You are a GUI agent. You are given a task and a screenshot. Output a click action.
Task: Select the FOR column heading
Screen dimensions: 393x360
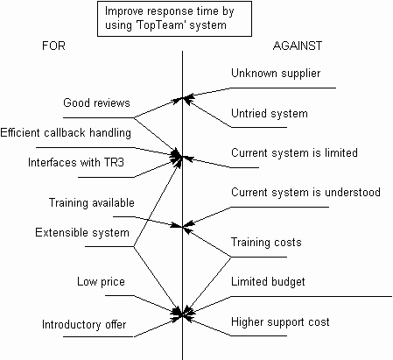[x=53, y=46]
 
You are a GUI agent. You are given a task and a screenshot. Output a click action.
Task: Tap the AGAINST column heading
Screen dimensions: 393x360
[x=298, y=46]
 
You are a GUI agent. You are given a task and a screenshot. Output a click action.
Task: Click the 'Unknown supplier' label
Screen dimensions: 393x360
[x=276, y=74]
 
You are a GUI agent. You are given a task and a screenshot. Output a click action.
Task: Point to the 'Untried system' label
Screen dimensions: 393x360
[x=270, y=113]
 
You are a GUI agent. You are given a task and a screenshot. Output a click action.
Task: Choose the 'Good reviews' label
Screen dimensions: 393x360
[x=96, y=102]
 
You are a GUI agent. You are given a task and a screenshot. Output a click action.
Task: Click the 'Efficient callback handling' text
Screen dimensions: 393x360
[x=66, y=133]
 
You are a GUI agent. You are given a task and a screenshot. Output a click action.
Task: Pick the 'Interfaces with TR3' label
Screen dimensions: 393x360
[x=76, y=162]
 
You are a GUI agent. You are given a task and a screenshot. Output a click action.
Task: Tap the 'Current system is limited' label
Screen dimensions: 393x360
[x=294, y=152]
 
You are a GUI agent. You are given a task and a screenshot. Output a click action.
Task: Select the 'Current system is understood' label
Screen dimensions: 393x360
[x=305, y=192]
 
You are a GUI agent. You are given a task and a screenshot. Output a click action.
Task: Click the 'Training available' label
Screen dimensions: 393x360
[x=92, y=202]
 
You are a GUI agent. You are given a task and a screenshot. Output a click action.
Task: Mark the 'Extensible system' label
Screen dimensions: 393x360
[x=82, y=232]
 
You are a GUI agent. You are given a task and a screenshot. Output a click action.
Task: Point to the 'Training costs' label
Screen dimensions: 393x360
[x=266, y=243]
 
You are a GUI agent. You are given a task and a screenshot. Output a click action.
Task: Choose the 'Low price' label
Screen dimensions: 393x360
[x=101, y=282]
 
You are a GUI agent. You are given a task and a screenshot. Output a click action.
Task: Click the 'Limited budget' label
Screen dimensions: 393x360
[x=268, y=282]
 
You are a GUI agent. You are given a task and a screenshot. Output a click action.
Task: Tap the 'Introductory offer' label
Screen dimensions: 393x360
[x=84, y=324]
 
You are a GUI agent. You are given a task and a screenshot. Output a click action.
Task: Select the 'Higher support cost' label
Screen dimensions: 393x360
[x=280, y=322]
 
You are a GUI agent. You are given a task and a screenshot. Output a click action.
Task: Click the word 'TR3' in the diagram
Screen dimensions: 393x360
[x=114, y=162]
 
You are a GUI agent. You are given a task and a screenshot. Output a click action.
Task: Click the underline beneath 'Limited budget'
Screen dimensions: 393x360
[x=312, y=297]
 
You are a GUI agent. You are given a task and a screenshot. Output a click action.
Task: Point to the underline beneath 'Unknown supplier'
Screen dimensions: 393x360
[x=283, y=88]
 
